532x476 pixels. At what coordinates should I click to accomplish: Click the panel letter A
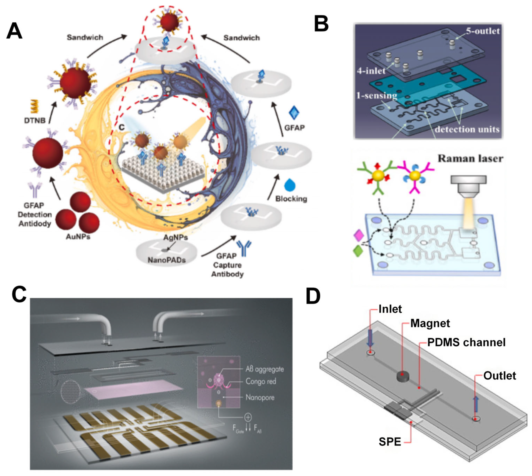click(x=14, y=31)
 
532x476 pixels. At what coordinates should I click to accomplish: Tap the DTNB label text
click(x=35, y=120)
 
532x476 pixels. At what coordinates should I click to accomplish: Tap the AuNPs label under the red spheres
click(x=78, y=237)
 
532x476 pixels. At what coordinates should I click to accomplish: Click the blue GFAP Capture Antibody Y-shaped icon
click(x=244, y=248)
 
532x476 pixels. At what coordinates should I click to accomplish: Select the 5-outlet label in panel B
click(x=482, y=31)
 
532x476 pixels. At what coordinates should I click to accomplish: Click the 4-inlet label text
click(x=371, y=70)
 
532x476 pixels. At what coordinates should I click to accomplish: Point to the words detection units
click(x=467, y=129)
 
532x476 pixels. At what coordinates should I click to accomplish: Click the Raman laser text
click(x=470, y=158)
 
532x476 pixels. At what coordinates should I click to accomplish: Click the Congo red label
click(x=261, y=381)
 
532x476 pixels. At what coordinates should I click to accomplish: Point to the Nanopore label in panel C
click(x=260, y=397)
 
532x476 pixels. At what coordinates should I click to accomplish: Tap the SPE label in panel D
click(x=390, y=442)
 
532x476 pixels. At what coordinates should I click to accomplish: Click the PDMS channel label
click(x=466, y=342)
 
